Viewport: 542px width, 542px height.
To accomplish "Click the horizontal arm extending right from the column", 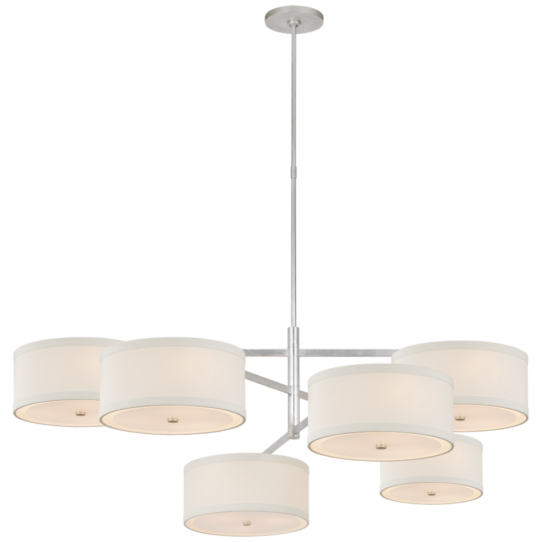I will tap(347, 353).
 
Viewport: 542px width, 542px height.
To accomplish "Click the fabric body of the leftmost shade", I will tap(54, 374).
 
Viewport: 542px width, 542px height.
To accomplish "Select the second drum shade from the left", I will tap(173, 379).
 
